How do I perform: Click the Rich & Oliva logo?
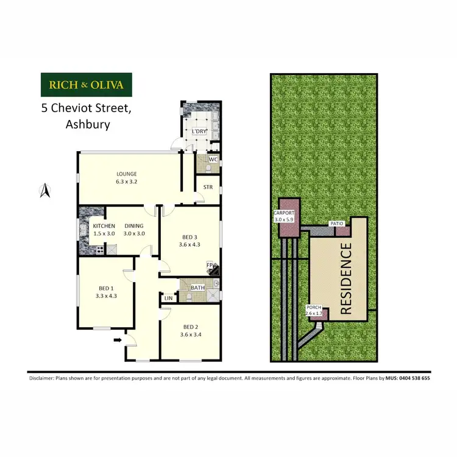(86, 85)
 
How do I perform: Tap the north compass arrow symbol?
(44, 191)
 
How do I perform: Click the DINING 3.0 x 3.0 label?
(134, 230)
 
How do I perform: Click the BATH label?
(197, 288)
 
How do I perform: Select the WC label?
(213, 160)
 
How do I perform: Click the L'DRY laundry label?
(199, 132)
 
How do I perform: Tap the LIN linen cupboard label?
(168, 299)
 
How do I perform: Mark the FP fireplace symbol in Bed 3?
(211, 266)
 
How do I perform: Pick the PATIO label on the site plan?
(337, 224)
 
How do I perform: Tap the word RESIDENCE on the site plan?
(345, 278)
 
